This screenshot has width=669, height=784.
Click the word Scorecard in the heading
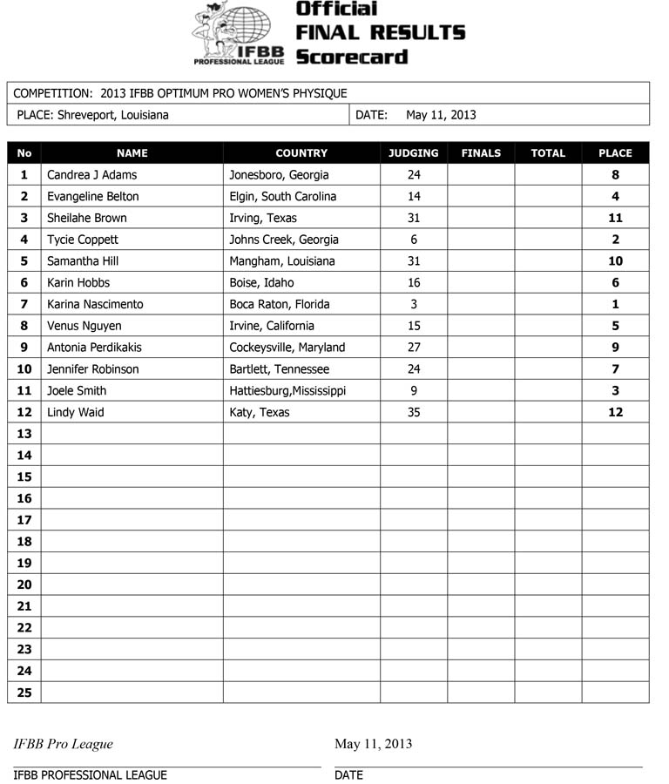click(x=351, y=57)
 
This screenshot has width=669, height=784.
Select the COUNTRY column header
click(x=301, y=153)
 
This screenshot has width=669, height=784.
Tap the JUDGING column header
click(x=414, y=153)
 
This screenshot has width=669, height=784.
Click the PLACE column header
click(x=615, y=153)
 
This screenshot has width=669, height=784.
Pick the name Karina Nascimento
click(x=95, y=304)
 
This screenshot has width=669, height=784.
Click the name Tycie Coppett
click(x=83, y=240)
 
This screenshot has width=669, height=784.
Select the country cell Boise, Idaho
click(x=261, y=282)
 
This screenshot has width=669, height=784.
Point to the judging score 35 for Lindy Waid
click(x=414, y=412)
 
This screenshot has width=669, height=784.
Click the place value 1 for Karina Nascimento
click(x=616, y=304)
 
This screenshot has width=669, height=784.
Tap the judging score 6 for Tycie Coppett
click(x=414, y=240)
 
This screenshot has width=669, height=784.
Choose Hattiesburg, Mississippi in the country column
click(x=287, y=390)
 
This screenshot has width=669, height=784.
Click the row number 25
click(x=24, y=693)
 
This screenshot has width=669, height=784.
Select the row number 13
click(x=24, y=434)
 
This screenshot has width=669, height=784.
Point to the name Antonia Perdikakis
click(x=94, y=348)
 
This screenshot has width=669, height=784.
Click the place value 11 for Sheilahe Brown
click(x=616, y=218)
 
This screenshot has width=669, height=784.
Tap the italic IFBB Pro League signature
click(x=63, y=744)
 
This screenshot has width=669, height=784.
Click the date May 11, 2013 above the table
click(x=441, y=115)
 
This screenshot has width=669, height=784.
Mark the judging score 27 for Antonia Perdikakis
click(x=414, y=348)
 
